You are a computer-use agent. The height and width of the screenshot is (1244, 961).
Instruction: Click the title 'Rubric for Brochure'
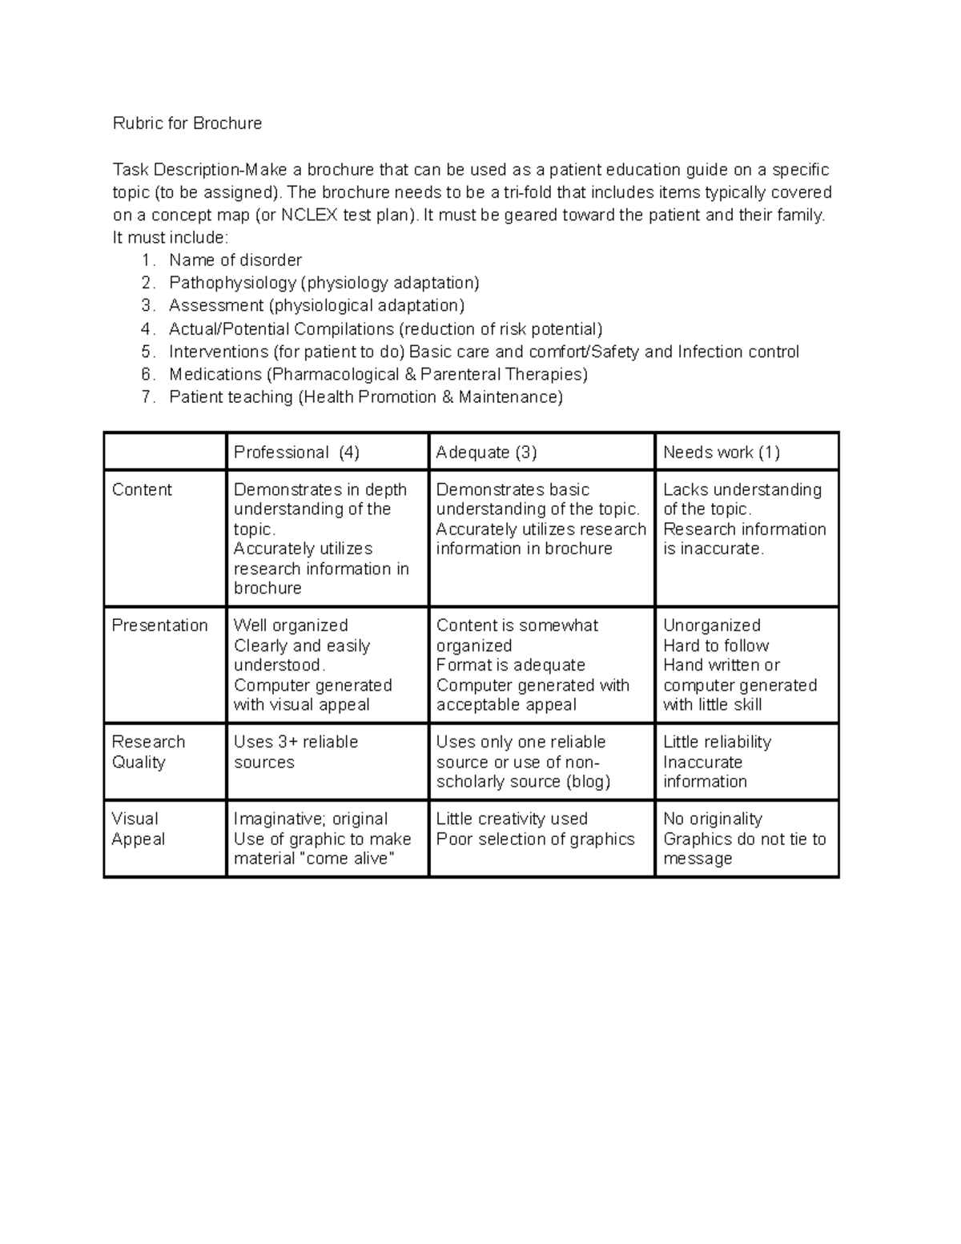pos(187,123)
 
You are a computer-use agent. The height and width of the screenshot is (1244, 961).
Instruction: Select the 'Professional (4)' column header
pos(296,453)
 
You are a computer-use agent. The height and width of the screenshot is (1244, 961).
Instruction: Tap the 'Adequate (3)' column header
pos(486,453)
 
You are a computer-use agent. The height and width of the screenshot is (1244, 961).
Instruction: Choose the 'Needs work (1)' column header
pos(721,453)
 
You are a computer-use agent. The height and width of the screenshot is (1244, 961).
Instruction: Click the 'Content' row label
pos(142,490)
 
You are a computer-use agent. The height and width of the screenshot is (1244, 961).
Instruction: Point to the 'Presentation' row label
pos(159,626)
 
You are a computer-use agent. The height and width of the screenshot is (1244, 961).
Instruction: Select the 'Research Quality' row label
pos(148,752)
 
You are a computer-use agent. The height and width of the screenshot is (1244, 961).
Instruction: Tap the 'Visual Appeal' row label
pos(138,829)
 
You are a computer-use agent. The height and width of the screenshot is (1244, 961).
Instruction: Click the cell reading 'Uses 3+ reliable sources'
pos(296,752)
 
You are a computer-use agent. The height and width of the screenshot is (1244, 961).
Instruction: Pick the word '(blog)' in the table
pos(589,782)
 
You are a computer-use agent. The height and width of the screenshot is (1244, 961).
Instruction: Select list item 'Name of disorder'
pos(235,260)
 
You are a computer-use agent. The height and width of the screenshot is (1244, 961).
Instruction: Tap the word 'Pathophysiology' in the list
pos(232,283)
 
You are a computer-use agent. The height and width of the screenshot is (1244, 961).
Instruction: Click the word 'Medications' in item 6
pos(215,375)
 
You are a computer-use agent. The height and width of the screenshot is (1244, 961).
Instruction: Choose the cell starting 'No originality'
pos(744,839)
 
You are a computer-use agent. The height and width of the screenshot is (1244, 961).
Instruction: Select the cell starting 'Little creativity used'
pos(535,829)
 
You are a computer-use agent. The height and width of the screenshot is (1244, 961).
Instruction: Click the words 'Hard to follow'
pos(716,646)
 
